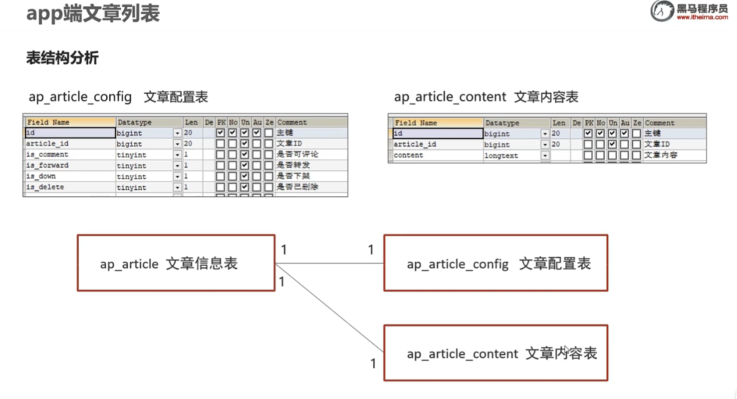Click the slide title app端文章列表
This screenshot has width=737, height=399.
click(93, 13)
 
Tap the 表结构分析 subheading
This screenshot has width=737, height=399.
click(62, 58)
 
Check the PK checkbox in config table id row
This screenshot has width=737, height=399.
click(221, 133)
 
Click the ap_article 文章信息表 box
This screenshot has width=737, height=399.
click(176, 263)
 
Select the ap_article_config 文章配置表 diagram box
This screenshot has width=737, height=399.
click(495, 263)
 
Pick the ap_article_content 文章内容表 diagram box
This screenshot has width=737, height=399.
click(495, 353)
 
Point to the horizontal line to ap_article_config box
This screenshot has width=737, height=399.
click(329, 263)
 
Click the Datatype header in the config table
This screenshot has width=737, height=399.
click(134, 122)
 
